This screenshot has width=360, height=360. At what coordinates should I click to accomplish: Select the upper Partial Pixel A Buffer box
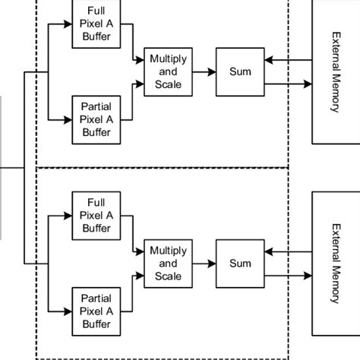[96, 120]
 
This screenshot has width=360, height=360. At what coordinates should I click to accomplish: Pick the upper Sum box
[239, 72]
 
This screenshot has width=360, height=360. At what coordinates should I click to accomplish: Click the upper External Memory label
[335, 72]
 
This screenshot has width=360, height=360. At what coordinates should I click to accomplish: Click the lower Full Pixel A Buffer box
[96, 216]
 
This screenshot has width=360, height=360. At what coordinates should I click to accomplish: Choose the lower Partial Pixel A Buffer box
[96, 311]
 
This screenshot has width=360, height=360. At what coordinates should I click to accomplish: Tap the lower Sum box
[239, 264]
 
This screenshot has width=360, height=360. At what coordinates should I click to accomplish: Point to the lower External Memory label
[335, 264]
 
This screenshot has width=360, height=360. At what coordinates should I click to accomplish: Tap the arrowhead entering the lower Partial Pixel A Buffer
[68, 311]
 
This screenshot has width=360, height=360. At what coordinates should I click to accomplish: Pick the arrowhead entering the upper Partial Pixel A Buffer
[68, 120]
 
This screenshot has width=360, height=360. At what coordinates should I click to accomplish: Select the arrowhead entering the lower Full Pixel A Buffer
[68, 216]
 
